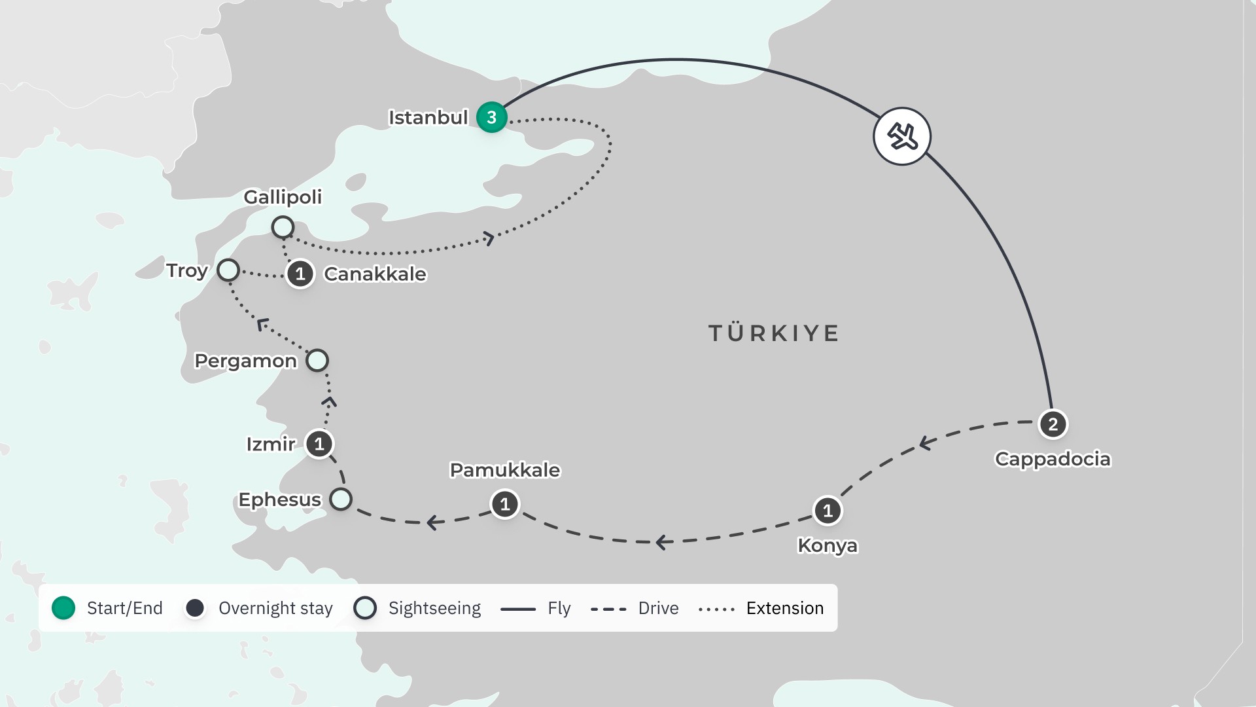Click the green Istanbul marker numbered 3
tap(491, 118)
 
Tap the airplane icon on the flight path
tap(902, 136)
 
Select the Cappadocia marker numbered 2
tap(1053, 424)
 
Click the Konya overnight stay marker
tap(828, 511)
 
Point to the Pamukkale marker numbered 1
tap(504, 504)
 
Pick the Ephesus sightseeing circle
tap(341, 499)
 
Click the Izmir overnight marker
tap(319, 444)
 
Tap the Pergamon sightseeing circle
tap(317, 360)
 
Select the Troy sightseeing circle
tap(228, 270)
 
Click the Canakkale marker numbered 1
tap(300, 274)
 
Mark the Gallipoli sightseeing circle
tap(283, 227)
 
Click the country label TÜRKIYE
tap(774, 333)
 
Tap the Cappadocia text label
tap(1052, 459)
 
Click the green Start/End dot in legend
tap(63, 608)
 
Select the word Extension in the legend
tap(784, 608)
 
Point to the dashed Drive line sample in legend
tap(608, 609)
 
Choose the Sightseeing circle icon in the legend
tap(365, 608)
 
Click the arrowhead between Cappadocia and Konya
tap(925, 443)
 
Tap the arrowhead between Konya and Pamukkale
tap(662, 542)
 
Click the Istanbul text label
tap(428, 118)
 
